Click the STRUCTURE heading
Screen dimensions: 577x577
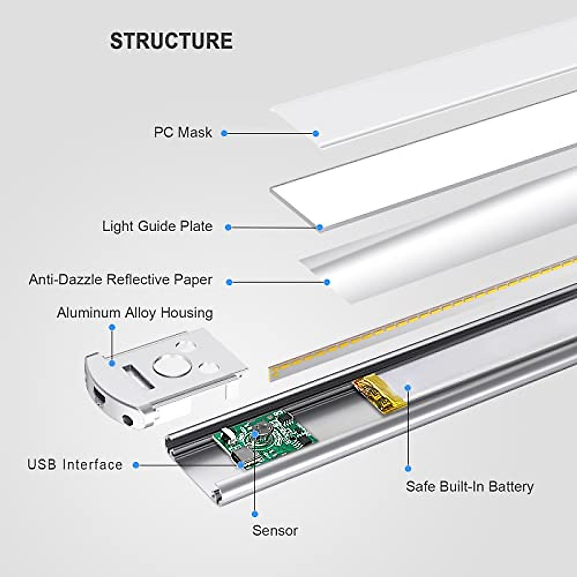[172, 41]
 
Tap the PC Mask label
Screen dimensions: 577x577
[183, 132]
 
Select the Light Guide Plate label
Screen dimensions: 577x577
[158, 226]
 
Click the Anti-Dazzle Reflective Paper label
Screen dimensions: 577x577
[121, 280]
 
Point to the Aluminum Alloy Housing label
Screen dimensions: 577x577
[135, 313]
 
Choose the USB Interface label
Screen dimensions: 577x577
[75, 464]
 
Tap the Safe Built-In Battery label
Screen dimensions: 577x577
[469, 486]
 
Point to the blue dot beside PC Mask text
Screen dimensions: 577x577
[224, 133]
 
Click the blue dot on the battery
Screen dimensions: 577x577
[408, 388]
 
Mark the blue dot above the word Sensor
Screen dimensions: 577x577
[255, 514]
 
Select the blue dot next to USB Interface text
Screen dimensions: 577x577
[136, 465]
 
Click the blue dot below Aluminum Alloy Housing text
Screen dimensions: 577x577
[113, 327]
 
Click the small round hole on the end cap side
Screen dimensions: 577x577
[128, 420]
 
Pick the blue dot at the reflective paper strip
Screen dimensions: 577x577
[327, 282]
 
